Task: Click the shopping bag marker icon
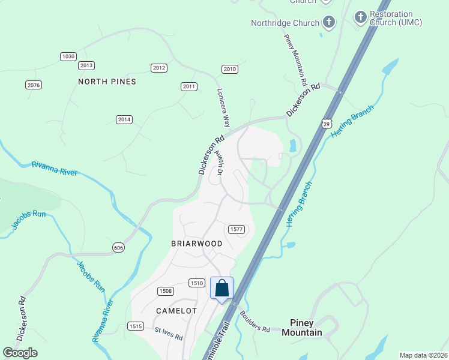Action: [x=221, y=289]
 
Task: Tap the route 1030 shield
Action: [x=68, y=56]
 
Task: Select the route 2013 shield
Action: [x=86, y=65]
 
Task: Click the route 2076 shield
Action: [x=34, y=85]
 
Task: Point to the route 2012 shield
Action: [x=159, y=68]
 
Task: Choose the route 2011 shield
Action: [x=189, y=86]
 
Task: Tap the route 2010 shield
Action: [x=229, y=69]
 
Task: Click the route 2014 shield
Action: [x=124, y=119]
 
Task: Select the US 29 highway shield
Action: [x=327, y=123]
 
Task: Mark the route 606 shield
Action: [x=118, y=247]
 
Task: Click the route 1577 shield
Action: [x=236, y=229]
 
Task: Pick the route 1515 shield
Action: [x=136, y=326]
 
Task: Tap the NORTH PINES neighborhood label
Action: [x=107, y=82]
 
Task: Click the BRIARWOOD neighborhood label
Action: [x=197, y=244]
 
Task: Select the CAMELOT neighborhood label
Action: [x=176, y=311]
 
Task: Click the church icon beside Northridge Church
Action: [x=328, y=23]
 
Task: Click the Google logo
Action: [x=20, y=353]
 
